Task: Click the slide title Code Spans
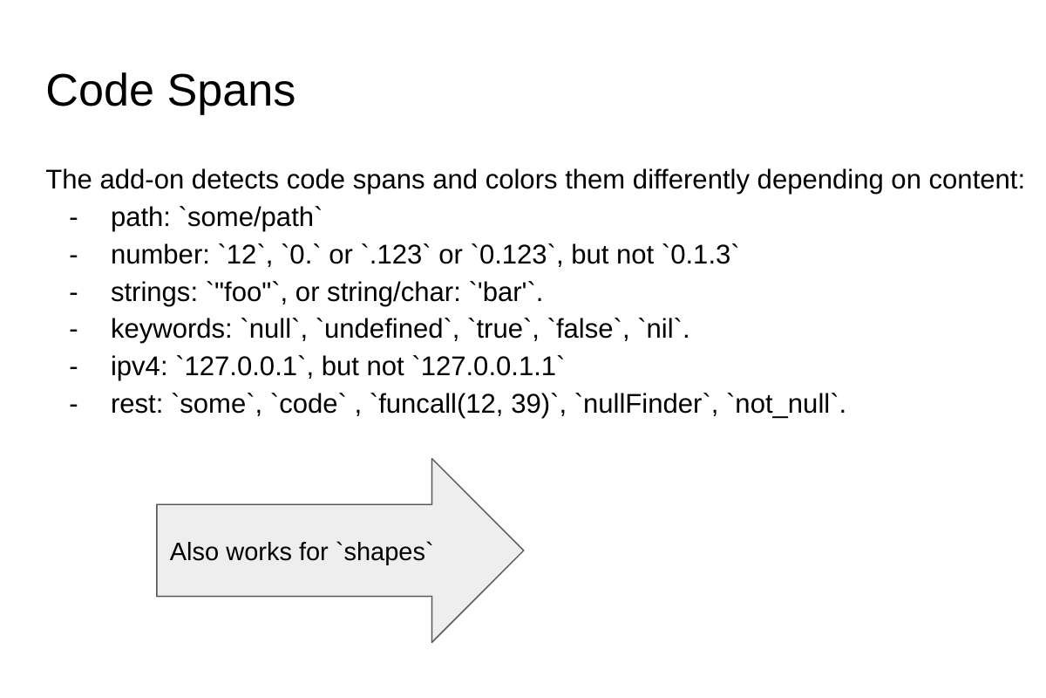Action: coord(170,91)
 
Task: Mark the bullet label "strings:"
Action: coord(153,292)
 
